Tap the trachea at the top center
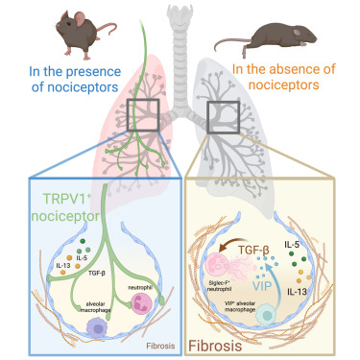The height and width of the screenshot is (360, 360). coord(180,38)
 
